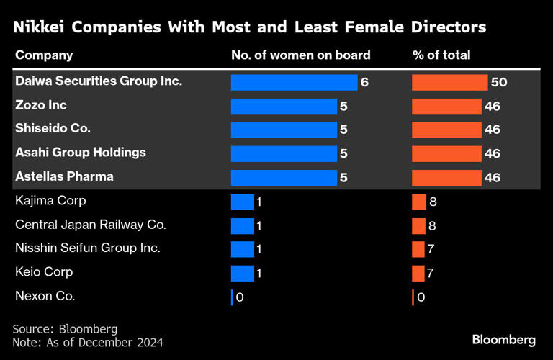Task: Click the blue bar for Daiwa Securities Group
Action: click(294, 82)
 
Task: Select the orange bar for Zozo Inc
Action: click(446, 106)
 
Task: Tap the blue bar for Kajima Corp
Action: click(243, 202)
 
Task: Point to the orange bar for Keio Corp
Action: click(418, 273)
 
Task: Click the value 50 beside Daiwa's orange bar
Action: click(499, 82)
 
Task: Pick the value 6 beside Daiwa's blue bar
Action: click(364, 82)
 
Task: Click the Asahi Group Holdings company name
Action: click(81, 153)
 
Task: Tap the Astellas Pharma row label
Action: click(65, 176)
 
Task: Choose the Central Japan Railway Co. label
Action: click(91, 225)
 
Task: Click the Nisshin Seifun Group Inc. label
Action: click(88, 248)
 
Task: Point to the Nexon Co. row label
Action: click(45, 296)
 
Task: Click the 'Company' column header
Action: click(44, 55)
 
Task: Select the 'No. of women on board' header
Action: click(300, 55)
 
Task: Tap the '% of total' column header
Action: click(441, 55)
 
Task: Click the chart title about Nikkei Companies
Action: click(249, 27)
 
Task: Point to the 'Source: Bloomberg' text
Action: click(65, 328)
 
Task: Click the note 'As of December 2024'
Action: click(88, 342)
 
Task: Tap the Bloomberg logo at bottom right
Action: click(503, 339)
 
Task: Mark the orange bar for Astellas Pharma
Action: click(446, 177)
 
